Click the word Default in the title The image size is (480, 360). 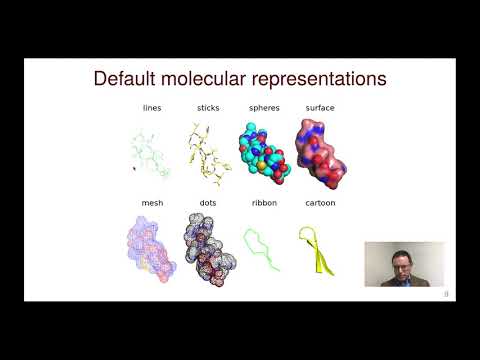(127, 79)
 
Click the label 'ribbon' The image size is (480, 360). (262, 203)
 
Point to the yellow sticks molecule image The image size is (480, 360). (207, 150)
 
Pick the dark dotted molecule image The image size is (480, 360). (208, 250)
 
